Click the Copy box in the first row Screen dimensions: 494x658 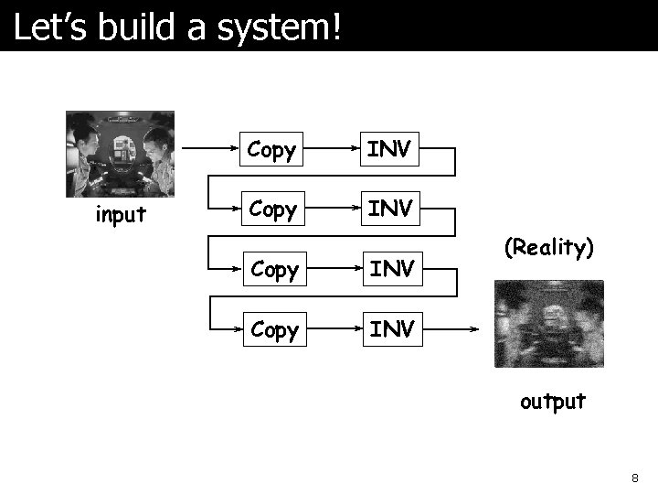point(271,149)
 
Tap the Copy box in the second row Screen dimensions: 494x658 point(271,209)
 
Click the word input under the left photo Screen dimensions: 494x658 point(121,215)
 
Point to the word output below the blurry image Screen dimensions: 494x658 point(552,402)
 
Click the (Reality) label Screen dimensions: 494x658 point(549,248)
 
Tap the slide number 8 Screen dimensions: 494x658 point(634,478)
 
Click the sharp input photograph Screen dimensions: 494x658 point(120,154)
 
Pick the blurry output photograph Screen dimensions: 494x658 point(549,324)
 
